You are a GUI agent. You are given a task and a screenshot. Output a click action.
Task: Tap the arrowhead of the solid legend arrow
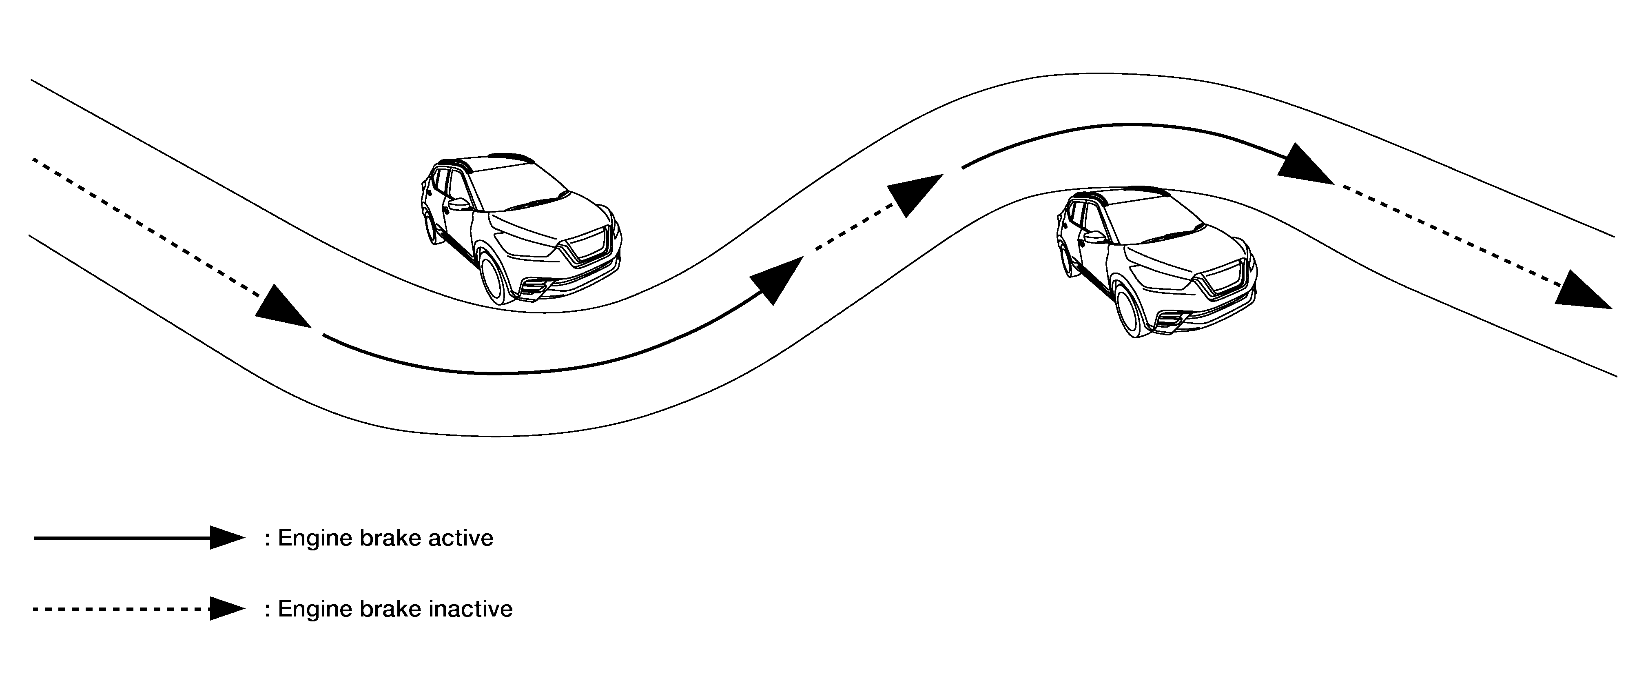228,538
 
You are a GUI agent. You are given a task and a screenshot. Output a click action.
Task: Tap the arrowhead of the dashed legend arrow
228,609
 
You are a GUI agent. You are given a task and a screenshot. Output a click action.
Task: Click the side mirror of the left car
459,205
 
